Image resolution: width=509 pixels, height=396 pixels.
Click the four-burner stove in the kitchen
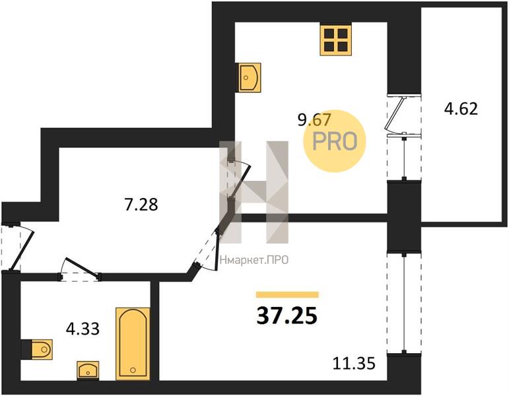point(335,40)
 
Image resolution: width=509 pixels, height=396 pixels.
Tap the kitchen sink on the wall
point(250,78)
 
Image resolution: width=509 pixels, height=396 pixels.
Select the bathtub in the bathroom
point(133,344)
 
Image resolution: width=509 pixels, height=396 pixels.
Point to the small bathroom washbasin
point(88,370)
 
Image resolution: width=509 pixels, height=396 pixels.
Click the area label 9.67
point(314,119)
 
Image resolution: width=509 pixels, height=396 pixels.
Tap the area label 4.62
point(461,109)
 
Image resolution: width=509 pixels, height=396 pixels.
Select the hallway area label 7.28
point(141,205)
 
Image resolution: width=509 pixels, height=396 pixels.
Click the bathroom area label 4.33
point(83,329)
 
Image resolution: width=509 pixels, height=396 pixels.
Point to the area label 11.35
point(354,363)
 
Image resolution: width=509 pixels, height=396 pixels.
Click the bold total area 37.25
point(287,316)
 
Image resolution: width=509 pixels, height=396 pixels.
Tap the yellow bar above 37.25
point(287,294)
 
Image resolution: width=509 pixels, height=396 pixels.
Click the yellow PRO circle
point(335,141)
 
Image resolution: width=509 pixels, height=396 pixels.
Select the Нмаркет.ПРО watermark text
point(254,260)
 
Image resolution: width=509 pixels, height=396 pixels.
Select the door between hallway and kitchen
point(239,179)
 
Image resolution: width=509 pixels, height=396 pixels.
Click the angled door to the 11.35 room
point(207,248)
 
